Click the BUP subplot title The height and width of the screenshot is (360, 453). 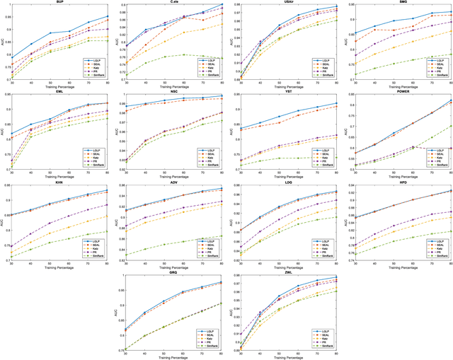[59, 2]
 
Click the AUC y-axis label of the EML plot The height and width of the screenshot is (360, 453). [3, 132]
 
